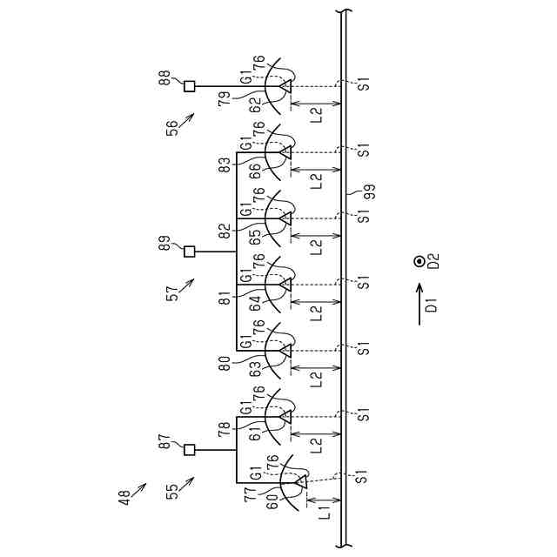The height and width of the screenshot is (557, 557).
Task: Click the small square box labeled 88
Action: click(x=189, y=85)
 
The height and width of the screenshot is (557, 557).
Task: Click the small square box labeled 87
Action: click(x=189, y=449)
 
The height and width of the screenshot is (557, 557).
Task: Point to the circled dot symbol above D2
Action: click(x=419, y=260)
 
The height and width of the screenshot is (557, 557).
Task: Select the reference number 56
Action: click(x=172, y=127)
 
